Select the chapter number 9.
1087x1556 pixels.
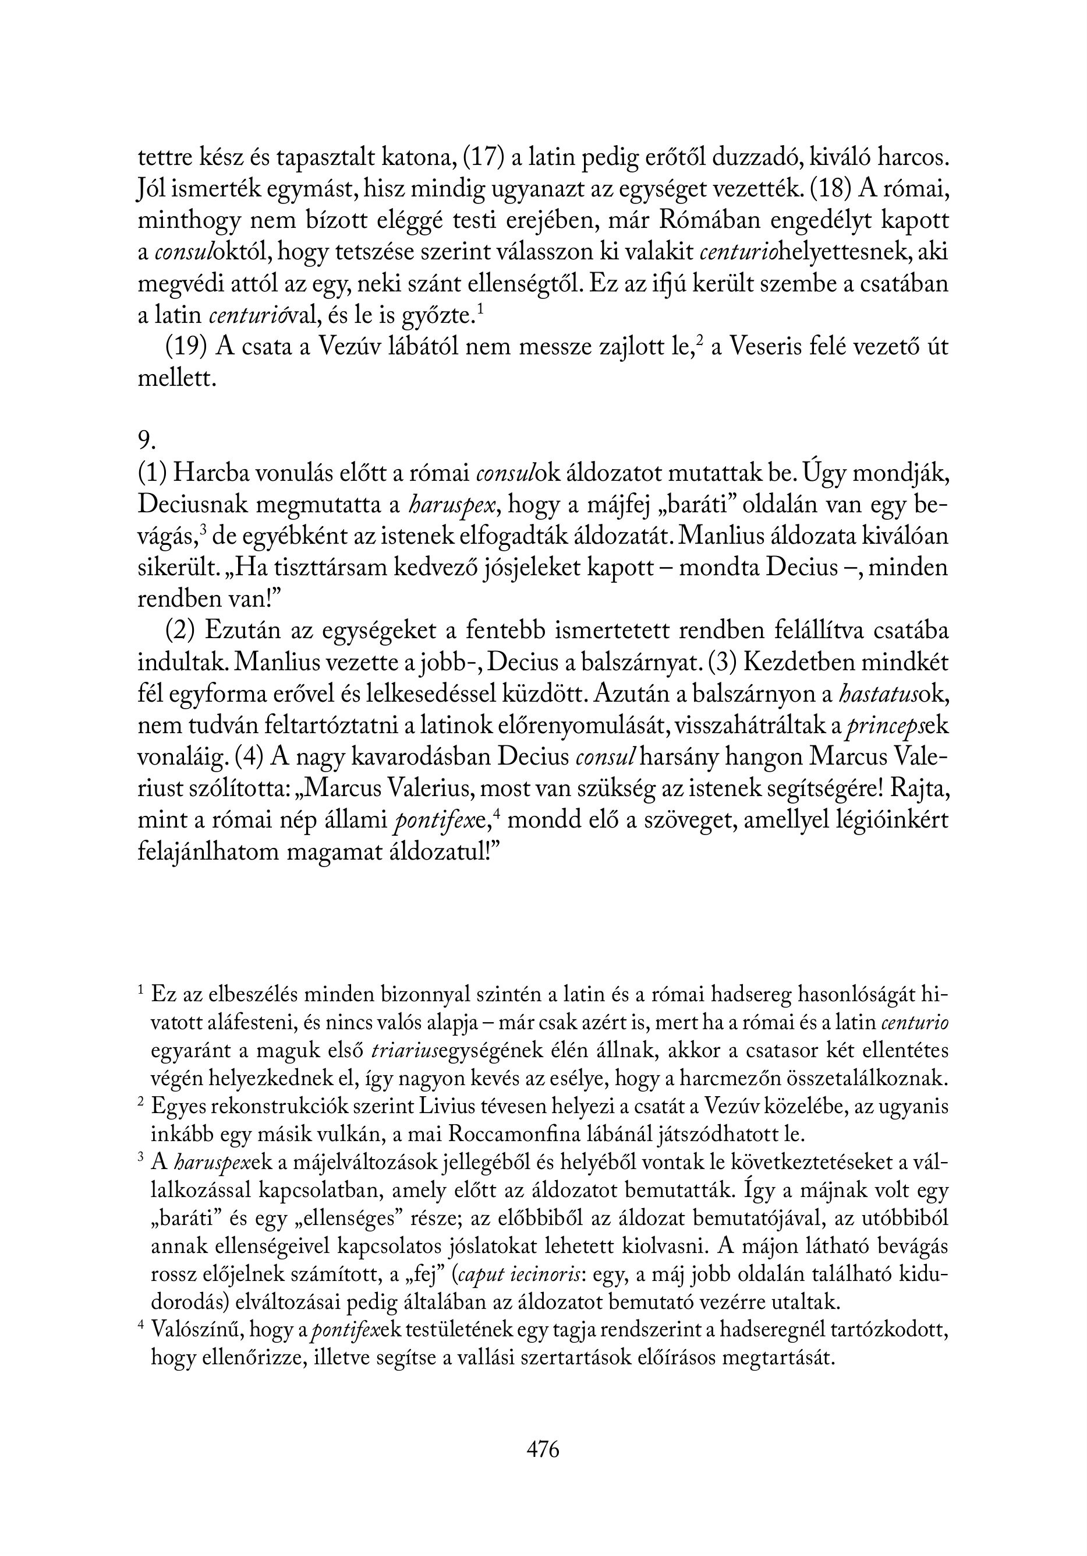tap(146, 441)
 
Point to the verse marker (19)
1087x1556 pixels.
tap(186, 346)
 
